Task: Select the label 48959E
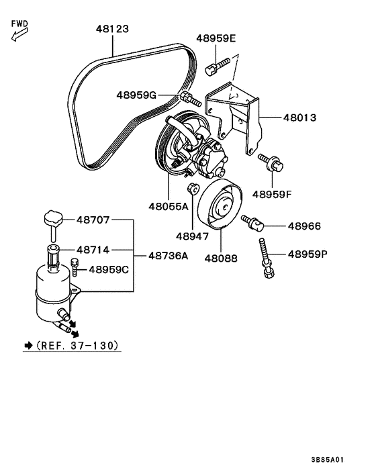point(216,38)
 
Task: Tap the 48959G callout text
point(136,95)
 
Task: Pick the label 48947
point(193,236)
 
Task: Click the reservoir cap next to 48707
point(52,219)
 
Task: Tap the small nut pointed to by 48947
point(192,187)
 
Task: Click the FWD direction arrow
point(17,34)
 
